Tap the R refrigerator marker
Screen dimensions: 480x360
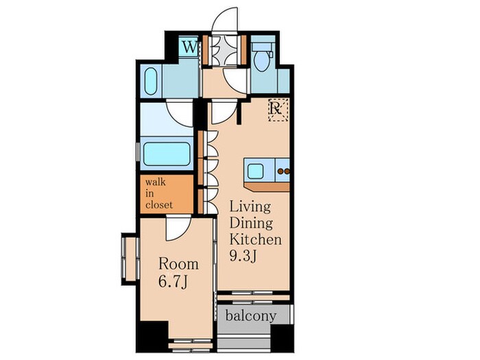point(278,110)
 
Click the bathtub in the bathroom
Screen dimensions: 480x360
point(166,154)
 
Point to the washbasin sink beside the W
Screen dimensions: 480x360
point(151,81)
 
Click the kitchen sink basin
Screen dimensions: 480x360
point(255,171)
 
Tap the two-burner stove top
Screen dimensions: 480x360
point(283,171)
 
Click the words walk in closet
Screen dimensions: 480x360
point(159,193)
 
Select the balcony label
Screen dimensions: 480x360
point(251,315)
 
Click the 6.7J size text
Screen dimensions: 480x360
point(173,281)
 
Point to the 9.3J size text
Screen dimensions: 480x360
point(243,255)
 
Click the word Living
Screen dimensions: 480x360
point(250,208)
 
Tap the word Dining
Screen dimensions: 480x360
point(251,223)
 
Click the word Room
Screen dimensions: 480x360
point(178,264)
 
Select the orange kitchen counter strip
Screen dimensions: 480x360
point(267,187)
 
